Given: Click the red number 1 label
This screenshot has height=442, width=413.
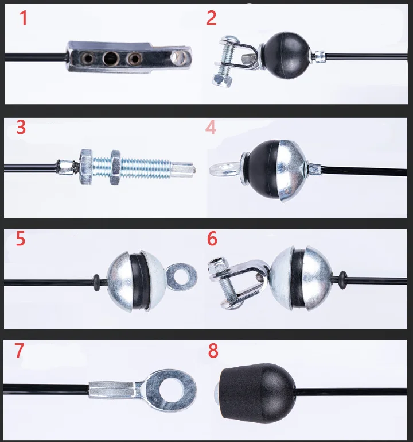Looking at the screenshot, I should [24, 19].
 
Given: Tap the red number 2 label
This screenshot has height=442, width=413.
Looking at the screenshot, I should [212, 18].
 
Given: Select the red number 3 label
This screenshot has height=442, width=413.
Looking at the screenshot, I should [21, 127].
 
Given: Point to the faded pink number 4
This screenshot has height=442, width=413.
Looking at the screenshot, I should [211, 127].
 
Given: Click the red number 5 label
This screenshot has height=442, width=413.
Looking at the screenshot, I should [21, 239].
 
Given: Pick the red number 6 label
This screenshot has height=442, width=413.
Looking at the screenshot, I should [212, 239].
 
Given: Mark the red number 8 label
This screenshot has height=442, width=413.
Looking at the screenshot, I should [213, 351].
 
